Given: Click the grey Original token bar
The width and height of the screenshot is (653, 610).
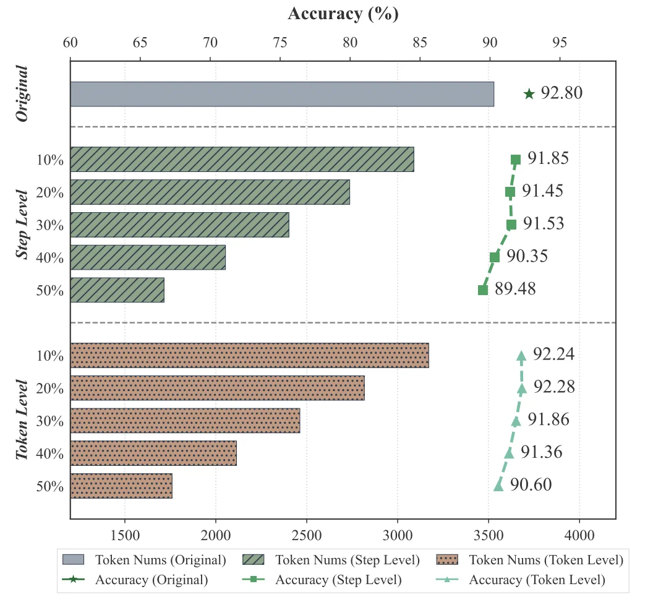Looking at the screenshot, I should (282, 94).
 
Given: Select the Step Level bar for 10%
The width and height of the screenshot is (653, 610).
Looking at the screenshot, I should (242, 159).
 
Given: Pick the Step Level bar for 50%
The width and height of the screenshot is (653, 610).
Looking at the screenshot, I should (117, 290).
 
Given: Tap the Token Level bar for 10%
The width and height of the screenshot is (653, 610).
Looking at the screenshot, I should (249, 355).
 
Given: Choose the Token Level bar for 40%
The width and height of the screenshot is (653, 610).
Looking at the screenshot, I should (153, 453).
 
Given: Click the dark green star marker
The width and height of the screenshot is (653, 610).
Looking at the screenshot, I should (529, 94).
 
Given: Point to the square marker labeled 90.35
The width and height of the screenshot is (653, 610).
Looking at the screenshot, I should (495, 257).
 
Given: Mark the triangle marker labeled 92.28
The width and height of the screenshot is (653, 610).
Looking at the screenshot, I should (522, 389).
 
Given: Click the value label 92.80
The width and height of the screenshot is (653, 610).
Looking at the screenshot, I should (561, 93).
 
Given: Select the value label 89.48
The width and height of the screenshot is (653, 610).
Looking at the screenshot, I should (515, 289).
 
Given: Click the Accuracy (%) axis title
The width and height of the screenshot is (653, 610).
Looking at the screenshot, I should (343, 14).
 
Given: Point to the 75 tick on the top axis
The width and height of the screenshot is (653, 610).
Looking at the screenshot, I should (280, 43).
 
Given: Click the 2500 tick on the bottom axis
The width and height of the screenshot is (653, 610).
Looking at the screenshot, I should (307, 533).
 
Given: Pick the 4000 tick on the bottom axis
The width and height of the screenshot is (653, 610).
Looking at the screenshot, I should (579, 533).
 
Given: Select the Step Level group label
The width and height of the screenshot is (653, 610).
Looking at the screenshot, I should (23, 224).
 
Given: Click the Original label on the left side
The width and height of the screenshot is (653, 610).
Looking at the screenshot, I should (23, 93).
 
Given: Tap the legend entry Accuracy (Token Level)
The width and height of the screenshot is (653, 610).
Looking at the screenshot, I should (537, 580).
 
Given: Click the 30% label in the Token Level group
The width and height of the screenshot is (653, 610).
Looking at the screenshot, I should (50, 421).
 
